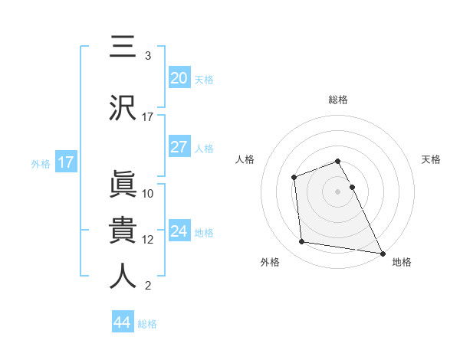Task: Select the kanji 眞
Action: pyautogui.click(x=123, y=184)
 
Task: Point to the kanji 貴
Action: pyautogui.click(x=123, y=229)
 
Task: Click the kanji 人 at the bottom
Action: pyautogui.click(x=123, y=276)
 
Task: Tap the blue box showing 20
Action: pyautogui.click(x=179, y=77)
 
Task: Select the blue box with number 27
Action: pyautogui.click(x=179, y=147)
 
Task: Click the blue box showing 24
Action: pyautogui.click(x=179, y=231)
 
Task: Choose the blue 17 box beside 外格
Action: pyautogui.click(x=65, y=162)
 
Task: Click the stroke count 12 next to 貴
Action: pyautogui.click(x=148, y=240)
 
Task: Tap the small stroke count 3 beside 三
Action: pyautogui.click(x=147, y=56)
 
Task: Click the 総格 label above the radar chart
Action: pyautogui.click(x=338, y=100)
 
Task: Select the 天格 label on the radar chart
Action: pyautogui.click(x=431, y=159)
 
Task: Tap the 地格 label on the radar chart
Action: pyautogui.click(x=402, y=262)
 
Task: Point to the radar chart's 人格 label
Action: pyautogui.click(x=245, y=159)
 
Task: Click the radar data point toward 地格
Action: pyautogui.click(x=382, y=252)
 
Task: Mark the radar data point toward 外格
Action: pyautogui.click(x=302, y=242)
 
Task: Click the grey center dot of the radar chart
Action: pyautogui.click(x=337, y=191)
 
